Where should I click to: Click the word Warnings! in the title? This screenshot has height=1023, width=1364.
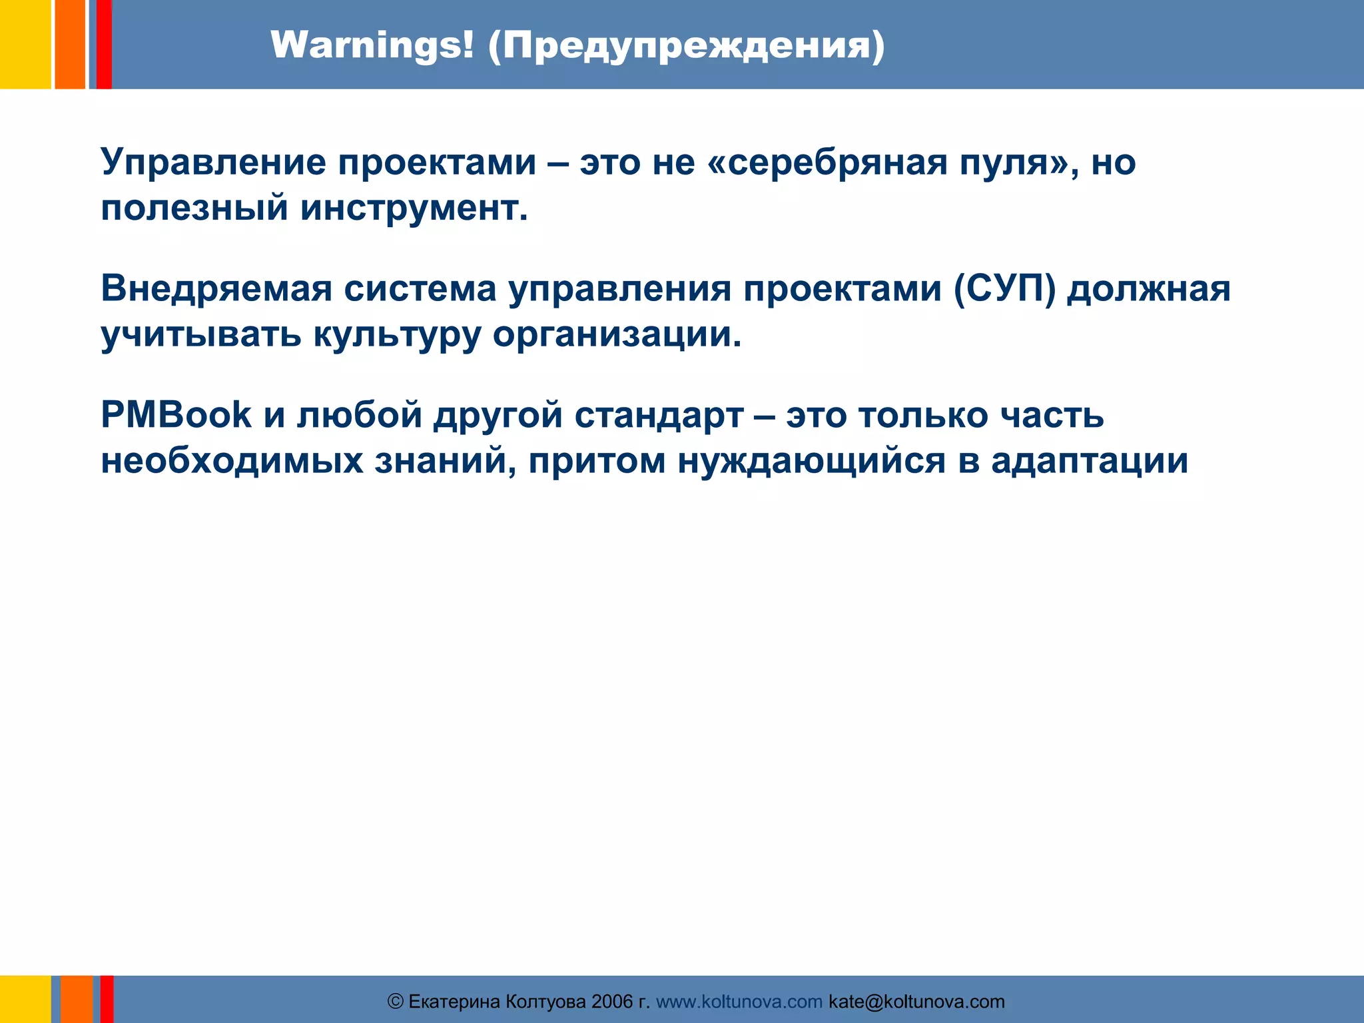[x=372, y=46]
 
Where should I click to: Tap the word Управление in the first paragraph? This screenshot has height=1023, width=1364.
[x=214, y=163]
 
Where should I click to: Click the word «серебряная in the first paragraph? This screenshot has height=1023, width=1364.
[x=827, y=163]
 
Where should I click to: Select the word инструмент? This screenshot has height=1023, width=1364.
[x=414, y=208]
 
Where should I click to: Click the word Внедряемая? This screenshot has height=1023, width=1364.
[x=216, y=289]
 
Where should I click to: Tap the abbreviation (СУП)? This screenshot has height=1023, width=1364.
[x=1004, y=289]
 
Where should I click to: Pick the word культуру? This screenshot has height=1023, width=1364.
[x=397, y=334]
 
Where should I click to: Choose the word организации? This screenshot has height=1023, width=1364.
[x=617, y=334]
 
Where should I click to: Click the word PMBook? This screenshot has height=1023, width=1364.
[x=176, y=415]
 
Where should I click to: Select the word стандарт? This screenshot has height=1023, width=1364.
[x=659, y=415]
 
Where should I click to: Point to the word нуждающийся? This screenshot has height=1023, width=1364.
[x=811, y=461]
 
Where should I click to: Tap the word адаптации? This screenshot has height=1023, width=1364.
[x=1089, y=461]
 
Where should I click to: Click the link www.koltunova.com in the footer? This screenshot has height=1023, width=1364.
[x=739, y=1002]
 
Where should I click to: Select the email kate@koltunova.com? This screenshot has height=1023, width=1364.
[x=916, y=1002]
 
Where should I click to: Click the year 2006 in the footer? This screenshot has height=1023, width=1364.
[x=611, y=1002]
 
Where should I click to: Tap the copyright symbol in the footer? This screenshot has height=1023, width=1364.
[x=396, y=1002]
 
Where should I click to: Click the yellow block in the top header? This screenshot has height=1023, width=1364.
[x=25, y=44]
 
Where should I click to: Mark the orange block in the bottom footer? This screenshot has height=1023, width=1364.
[x=77, y=999]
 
